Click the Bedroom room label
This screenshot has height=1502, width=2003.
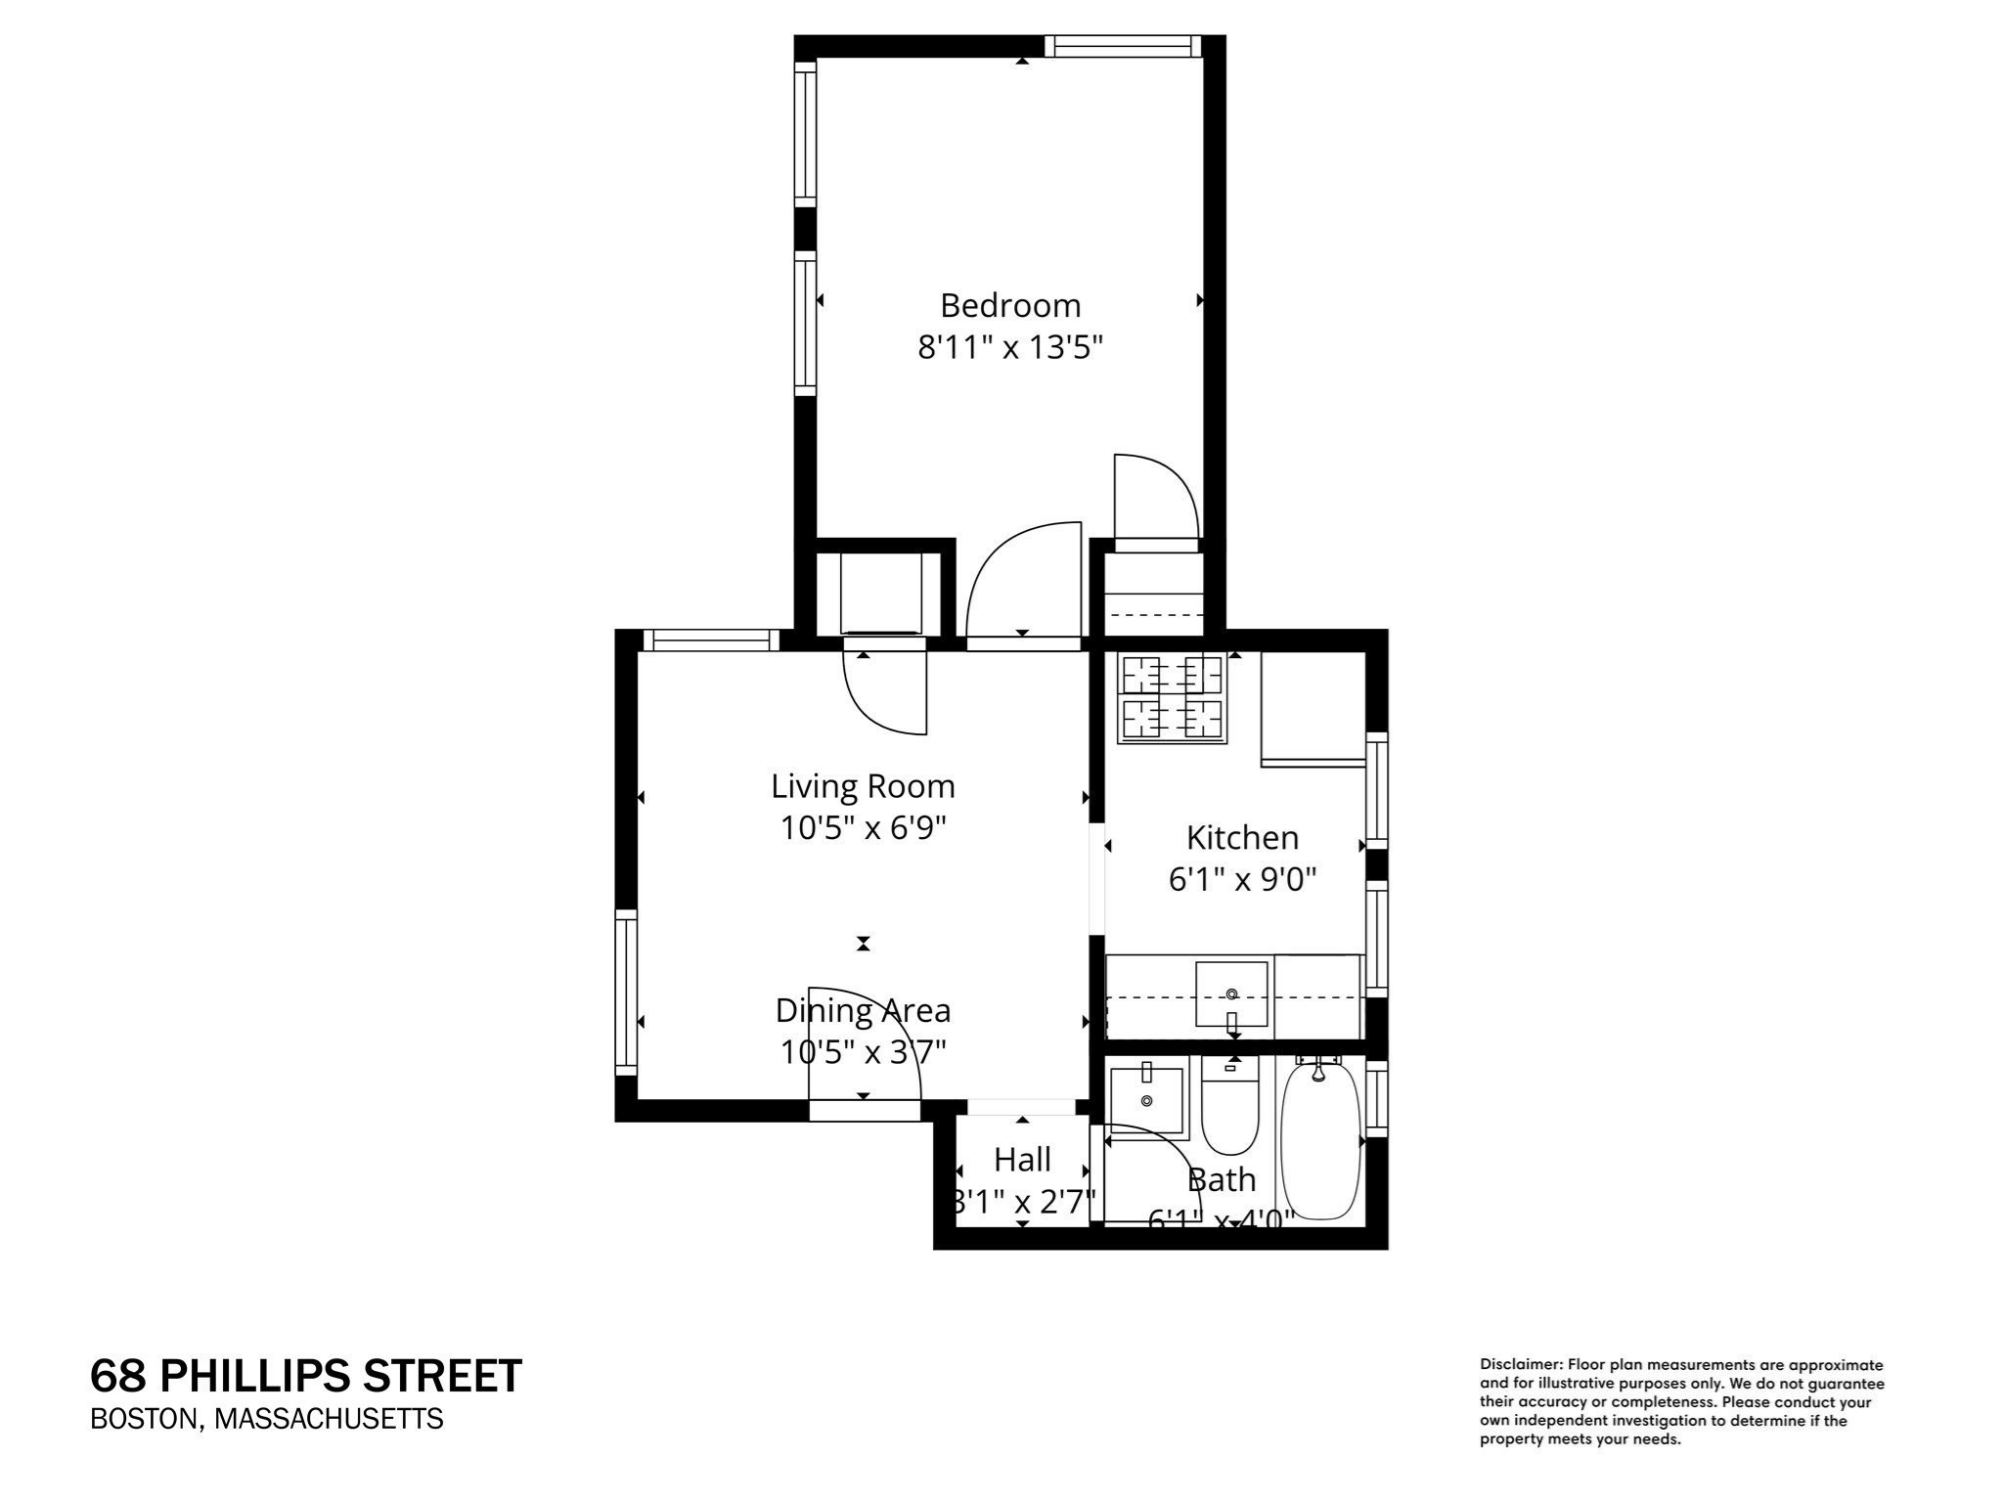coord(1010,306)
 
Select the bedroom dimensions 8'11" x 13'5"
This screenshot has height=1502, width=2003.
coord(1010,347)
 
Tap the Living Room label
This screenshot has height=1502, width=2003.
coord(863,786)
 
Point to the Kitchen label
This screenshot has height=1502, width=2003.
coord(1242,838)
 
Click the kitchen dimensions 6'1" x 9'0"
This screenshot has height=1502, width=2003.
coord(1242,880)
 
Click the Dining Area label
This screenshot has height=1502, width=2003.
coord(863,1010)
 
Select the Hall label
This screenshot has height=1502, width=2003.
coord(1022,1160)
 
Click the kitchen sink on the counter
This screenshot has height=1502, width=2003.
coord(1231,994)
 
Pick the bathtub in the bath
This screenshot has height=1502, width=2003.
coord(1320,1140)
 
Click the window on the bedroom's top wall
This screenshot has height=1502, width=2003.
coord(1122,46)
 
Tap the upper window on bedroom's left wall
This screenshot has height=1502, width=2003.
coord(805,134)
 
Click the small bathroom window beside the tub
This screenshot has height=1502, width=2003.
coord(1376,1098)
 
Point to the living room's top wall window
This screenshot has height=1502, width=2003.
coord(712,641)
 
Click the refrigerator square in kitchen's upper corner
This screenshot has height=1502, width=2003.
coord(1313,708)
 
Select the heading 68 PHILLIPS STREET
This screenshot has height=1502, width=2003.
coord(306,1376)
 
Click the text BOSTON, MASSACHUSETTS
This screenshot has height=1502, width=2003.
coord(267,1419)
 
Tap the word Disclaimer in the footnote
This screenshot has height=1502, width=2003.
coord(1520,1364)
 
